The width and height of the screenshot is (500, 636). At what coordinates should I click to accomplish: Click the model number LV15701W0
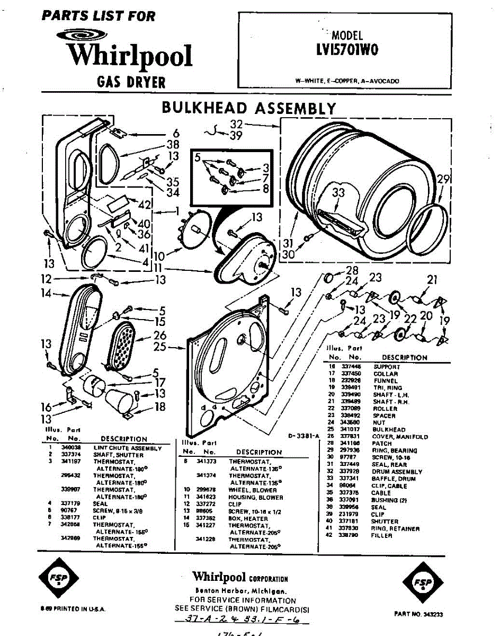(346, 49)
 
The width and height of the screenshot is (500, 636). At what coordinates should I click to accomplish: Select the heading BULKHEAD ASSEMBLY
(248, 108)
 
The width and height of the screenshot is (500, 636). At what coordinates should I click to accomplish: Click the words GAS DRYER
(131, 82)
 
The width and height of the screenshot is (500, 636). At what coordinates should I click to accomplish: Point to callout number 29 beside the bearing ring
(443, 179)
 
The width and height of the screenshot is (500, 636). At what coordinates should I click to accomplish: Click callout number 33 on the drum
(338, 194)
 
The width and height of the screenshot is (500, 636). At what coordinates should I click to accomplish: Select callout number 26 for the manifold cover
(160, 335)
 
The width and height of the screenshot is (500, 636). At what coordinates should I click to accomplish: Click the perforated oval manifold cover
(122, 347)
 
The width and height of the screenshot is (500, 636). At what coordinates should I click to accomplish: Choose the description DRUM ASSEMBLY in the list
(397, 472)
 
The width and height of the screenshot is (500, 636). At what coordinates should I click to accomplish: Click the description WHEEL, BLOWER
(255, 490)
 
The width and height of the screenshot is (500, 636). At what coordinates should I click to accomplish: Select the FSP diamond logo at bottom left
(58, 578)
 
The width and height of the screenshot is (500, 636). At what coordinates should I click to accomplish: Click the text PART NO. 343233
(418, 614)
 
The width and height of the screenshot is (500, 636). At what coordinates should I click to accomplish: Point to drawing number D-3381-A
(305, 436)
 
